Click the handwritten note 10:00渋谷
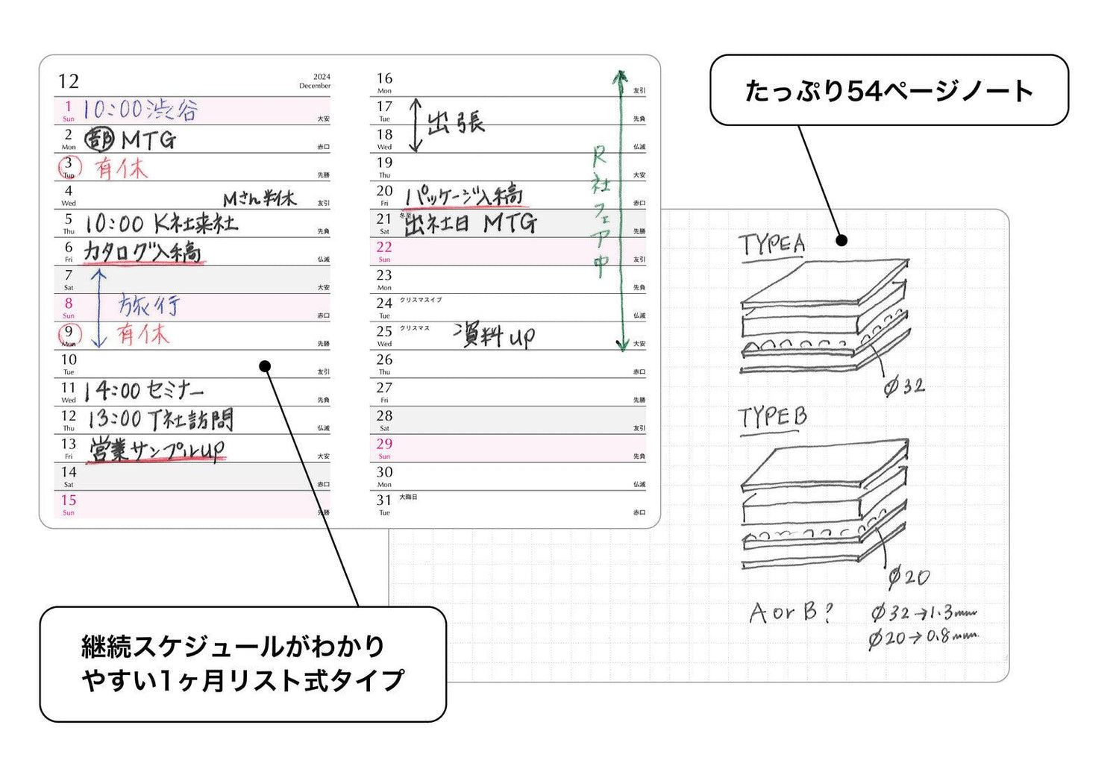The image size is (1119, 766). pos(140,110)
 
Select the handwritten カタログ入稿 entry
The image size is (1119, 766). pos(142,252)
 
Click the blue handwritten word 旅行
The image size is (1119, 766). pos(148,305)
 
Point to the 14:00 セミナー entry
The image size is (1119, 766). pos(143,390)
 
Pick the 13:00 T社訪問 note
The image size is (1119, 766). pos(160,419)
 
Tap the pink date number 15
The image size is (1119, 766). pos(69,500)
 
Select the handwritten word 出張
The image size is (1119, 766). pos(455,122)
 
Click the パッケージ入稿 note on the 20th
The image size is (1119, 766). pos(463,196)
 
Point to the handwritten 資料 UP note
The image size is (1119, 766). pos(494,336)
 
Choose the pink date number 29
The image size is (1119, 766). pos(384,444)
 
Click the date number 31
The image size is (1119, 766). pos(384,500)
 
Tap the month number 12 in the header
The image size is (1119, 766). pos(69,81)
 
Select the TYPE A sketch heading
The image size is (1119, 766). pos(772,244)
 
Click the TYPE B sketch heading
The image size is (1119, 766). pos(772,418)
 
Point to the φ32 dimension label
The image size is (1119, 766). pos(903,386)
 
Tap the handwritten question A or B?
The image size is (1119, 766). pos(791,613)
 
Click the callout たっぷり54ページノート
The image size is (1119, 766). pos(888,90)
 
